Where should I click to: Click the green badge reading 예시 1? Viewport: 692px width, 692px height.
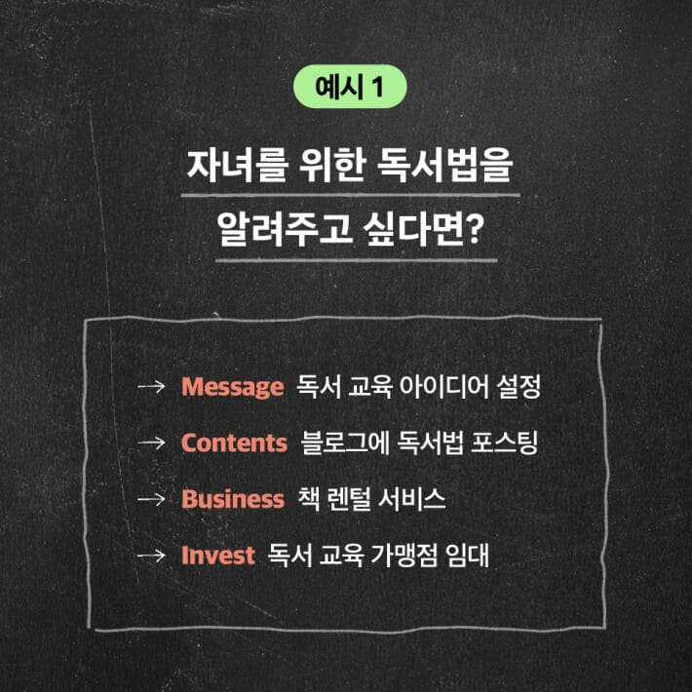[x=347, y=89]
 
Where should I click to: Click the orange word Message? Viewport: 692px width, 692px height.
[x=231, y=387]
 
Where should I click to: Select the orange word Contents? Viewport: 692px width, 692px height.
[x=233, y=442]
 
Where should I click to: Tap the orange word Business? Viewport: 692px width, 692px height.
[x=232, y=499]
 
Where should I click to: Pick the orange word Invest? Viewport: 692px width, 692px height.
[x=217, y=556]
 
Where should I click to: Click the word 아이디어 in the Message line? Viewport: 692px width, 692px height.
[x=442, y=387]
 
